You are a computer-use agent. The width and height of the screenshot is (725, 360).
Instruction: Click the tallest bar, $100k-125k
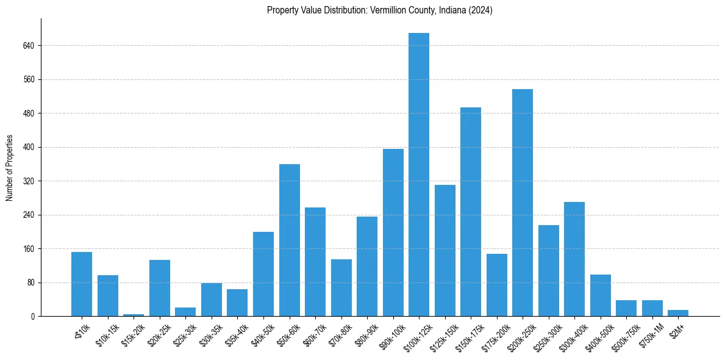pyautogui.click(x=419, y=175)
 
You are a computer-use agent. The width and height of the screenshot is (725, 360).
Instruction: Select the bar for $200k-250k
pyautogui.click(x=523, y=203)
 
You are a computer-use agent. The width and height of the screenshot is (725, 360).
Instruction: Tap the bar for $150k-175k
pyautogui.click(x=471, y=212)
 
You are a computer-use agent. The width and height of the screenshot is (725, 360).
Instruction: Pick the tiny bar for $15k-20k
pyautogui.click(x=134, y=315)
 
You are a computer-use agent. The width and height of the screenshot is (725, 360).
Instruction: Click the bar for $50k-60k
pyautogui.click(x=290, y=240)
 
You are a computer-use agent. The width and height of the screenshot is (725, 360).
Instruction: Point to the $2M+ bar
pyautogui.click(x=678, y=313)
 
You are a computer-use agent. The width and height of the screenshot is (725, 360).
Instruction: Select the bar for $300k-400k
pyautogui.click(x=574, y=259)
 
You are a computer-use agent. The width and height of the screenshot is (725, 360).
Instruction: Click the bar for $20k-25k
pyautogui.click(x=160, y=288)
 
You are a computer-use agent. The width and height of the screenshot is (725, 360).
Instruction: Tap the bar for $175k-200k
pyautogui.click(x=497, y=285)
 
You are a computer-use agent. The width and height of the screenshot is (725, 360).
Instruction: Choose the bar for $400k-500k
pyautogui.click(x=601, y=295)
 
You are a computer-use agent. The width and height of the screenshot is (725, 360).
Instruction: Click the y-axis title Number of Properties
pyautogui.click(x=10, y=167)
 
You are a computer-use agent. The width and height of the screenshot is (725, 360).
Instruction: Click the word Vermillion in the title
pyautogui.click(x=388, y=10)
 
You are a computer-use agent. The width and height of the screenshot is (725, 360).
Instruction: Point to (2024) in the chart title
pyautogui.click(x=480, y=10)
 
